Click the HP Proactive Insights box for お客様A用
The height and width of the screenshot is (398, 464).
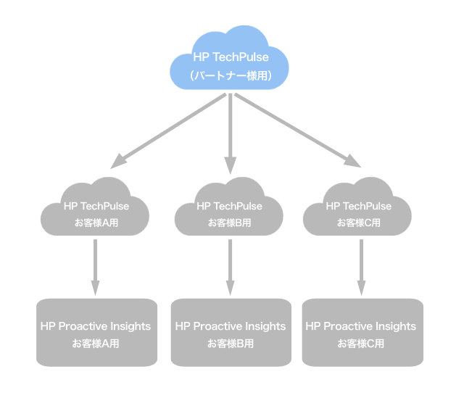click(x=96, y=332)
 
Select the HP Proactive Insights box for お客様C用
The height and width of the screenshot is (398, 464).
click(x=361, y=332)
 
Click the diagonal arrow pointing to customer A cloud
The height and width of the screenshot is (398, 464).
click(x=170, y=130)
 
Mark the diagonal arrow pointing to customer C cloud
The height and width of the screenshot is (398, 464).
click(x=297, y=130)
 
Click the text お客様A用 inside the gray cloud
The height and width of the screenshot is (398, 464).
click(x=96, y=223)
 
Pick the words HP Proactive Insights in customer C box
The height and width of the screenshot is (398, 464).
click(x=361, y=326)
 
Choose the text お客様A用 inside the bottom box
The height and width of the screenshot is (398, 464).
click(x=96, y=343)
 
